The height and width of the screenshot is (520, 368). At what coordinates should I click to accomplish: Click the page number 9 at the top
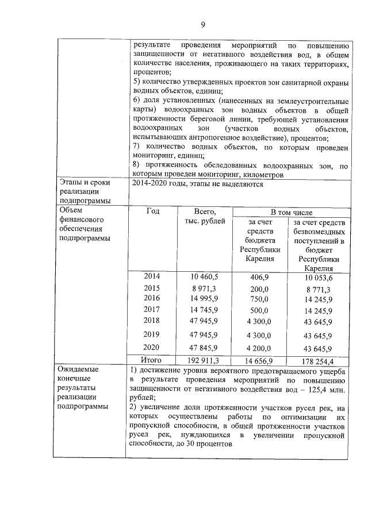202,24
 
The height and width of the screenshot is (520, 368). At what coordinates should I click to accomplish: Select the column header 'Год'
153,211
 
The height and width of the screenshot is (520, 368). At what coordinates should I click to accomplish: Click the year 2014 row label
152,276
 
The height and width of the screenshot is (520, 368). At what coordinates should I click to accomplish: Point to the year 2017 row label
152,309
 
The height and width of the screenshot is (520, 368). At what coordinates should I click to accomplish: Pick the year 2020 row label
152,348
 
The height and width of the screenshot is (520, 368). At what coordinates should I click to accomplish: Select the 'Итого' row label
152,360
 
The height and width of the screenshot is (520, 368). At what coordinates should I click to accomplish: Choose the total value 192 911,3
204,360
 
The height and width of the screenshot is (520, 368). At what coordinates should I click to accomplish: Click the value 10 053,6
319,277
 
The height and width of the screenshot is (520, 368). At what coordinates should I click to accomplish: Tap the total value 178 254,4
319,361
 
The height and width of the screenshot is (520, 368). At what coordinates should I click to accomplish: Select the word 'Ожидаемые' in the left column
78,369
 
